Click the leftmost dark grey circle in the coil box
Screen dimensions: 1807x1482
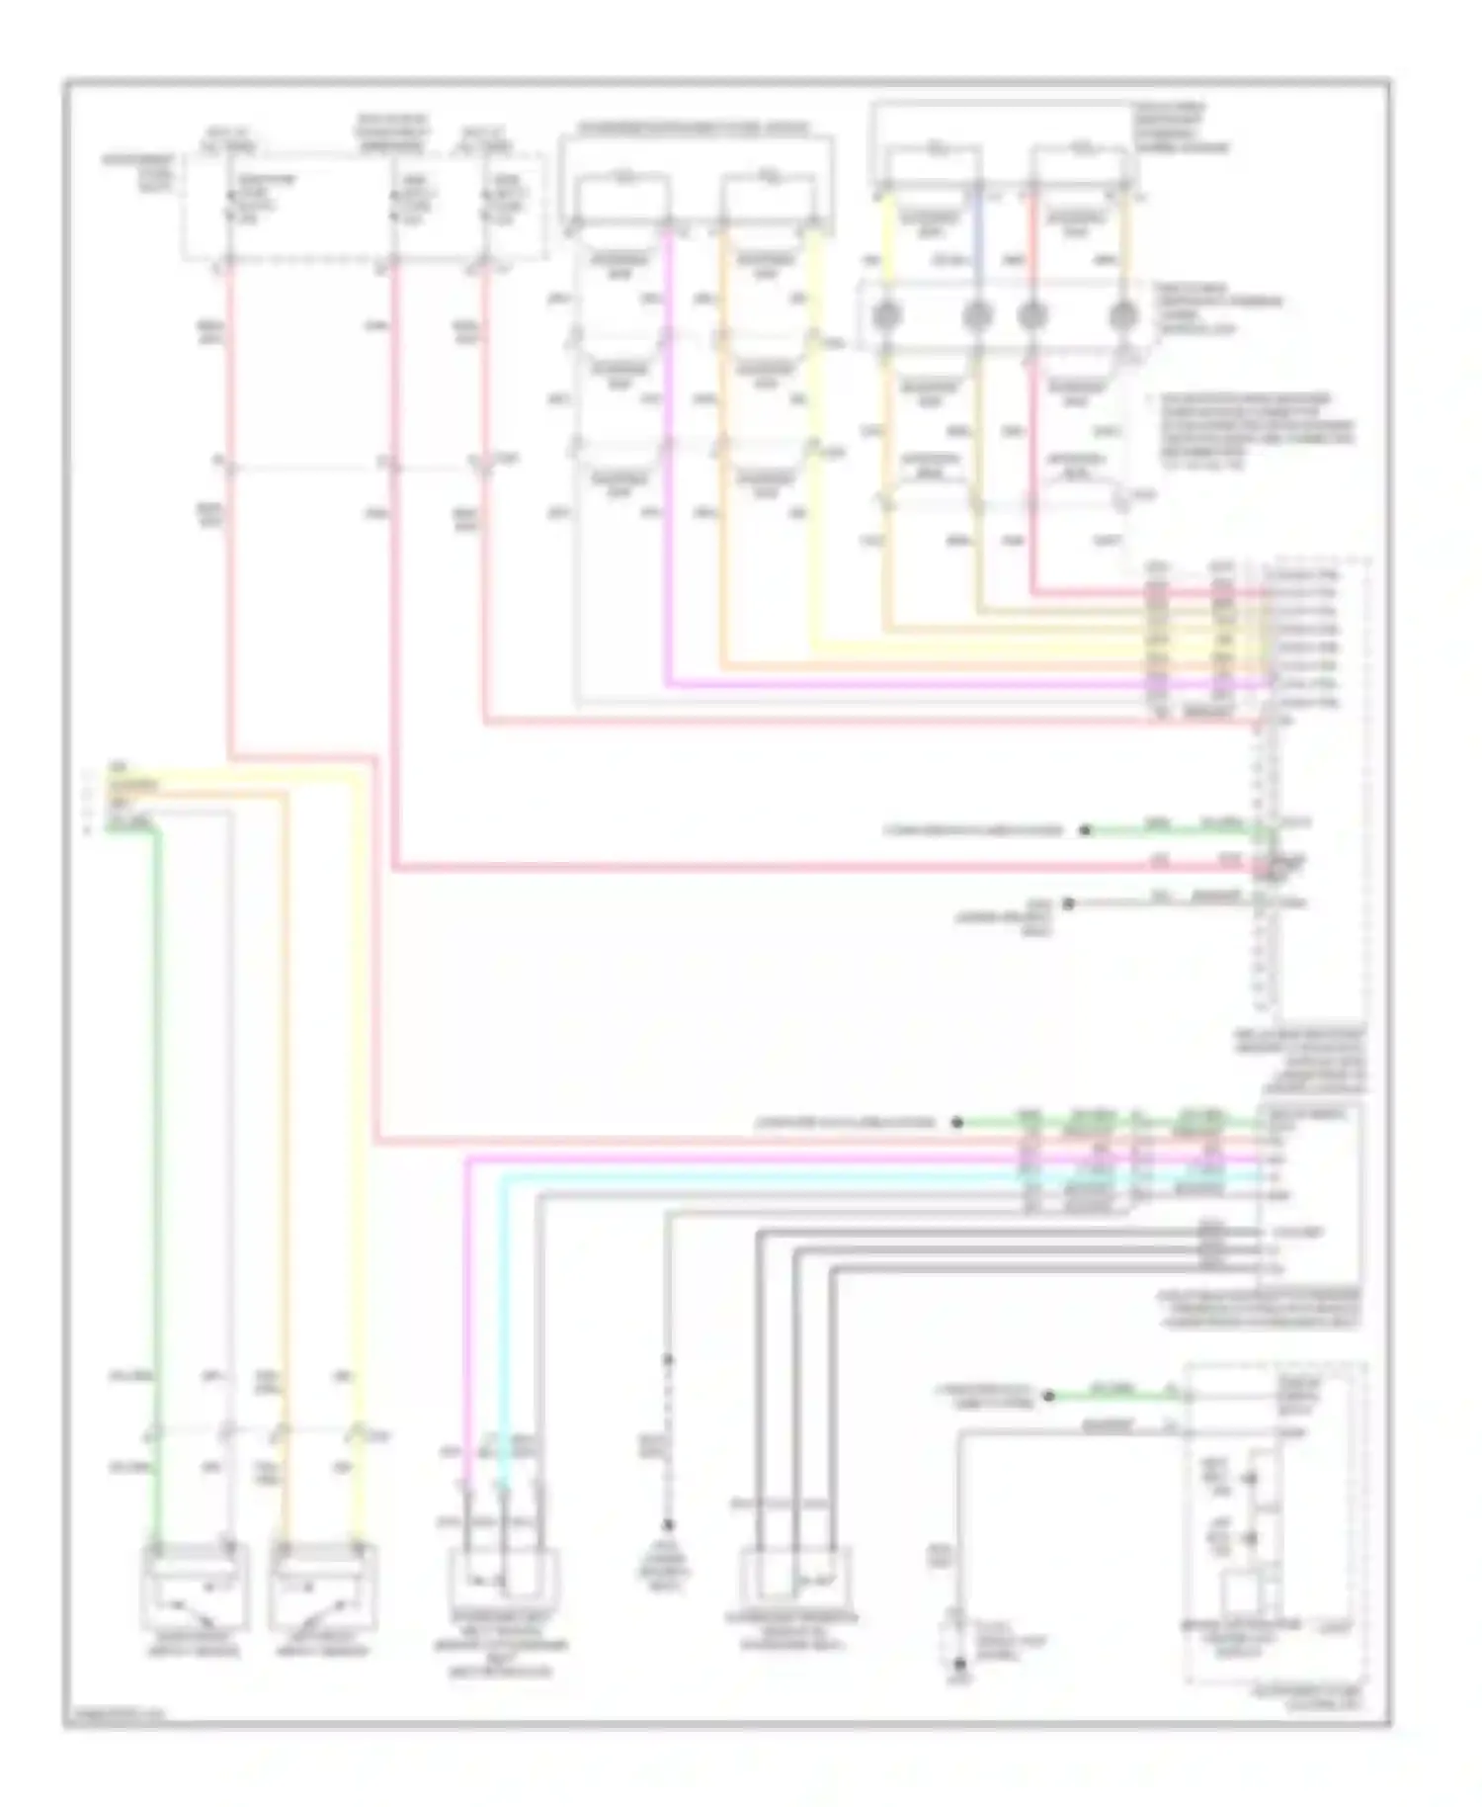(x=886, y=316)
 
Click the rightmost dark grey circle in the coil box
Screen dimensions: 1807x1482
(x=1122, y=316)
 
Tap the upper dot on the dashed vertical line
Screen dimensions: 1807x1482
(x=668, y=1361)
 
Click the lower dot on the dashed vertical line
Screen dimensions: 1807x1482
(x=668, y=1524)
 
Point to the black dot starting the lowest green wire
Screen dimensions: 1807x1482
(x=1050, y=1396)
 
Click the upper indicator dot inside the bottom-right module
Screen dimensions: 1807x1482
(x=1249, y=1479)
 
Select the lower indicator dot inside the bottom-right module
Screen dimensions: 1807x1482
(x=1249, y=1538)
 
